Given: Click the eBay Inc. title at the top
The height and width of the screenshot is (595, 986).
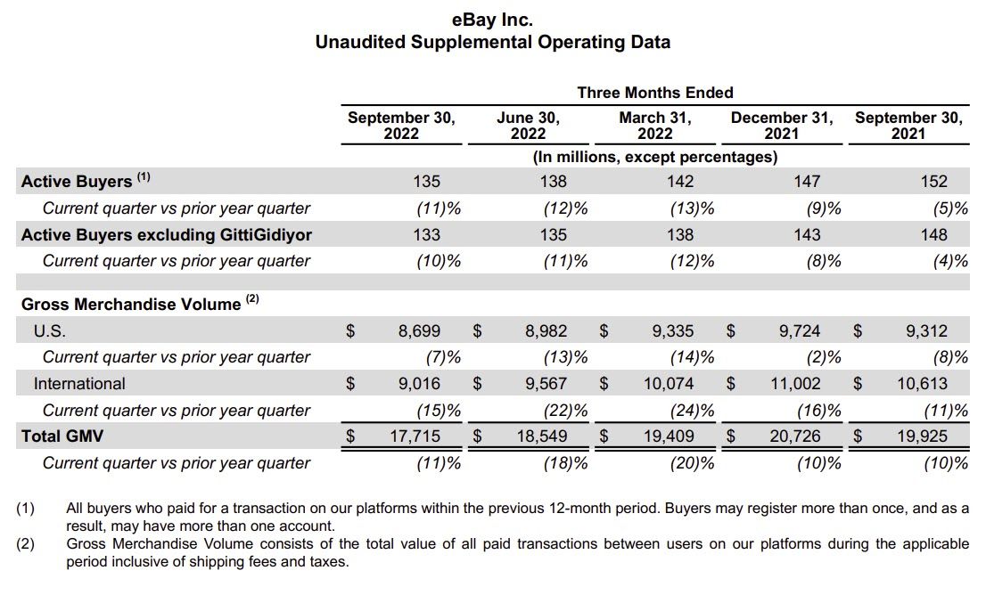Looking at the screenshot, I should point(493,19).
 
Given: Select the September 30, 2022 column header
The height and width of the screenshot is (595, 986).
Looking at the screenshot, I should point(401,126).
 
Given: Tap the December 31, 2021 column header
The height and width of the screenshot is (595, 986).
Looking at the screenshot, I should point(782,126).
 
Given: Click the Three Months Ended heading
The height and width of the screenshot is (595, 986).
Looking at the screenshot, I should point(655,93).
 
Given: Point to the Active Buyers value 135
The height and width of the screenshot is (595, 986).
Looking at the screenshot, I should point(427,182).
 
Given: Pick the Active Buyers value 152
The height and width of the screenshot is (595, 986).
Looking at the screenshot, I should point(933,182).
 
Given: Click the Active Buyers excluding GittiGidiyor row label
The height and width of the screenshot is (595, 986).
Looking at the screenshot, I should point(167,235).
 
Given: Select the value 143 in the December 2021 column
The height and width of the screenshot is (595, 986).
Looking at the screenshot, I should point(807,235).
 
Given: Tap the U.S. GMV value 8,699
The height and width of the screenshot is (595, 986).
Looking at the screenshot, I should point(419,331).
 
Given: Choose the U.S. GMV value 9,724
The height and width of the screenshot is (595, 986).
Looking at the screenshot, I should point(799,331).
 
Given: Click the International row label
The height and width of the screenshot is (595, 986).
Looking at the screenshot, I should point(79,384).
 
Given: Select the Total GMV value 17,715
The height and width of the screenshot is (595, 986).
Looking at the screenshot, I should point(415,437).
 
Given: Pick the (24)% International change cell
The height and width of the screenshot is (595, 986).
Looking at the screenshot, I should point(692,411).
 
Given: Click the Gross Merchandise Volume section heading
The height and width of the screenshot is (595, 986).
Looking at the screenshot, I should point(131,304).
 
